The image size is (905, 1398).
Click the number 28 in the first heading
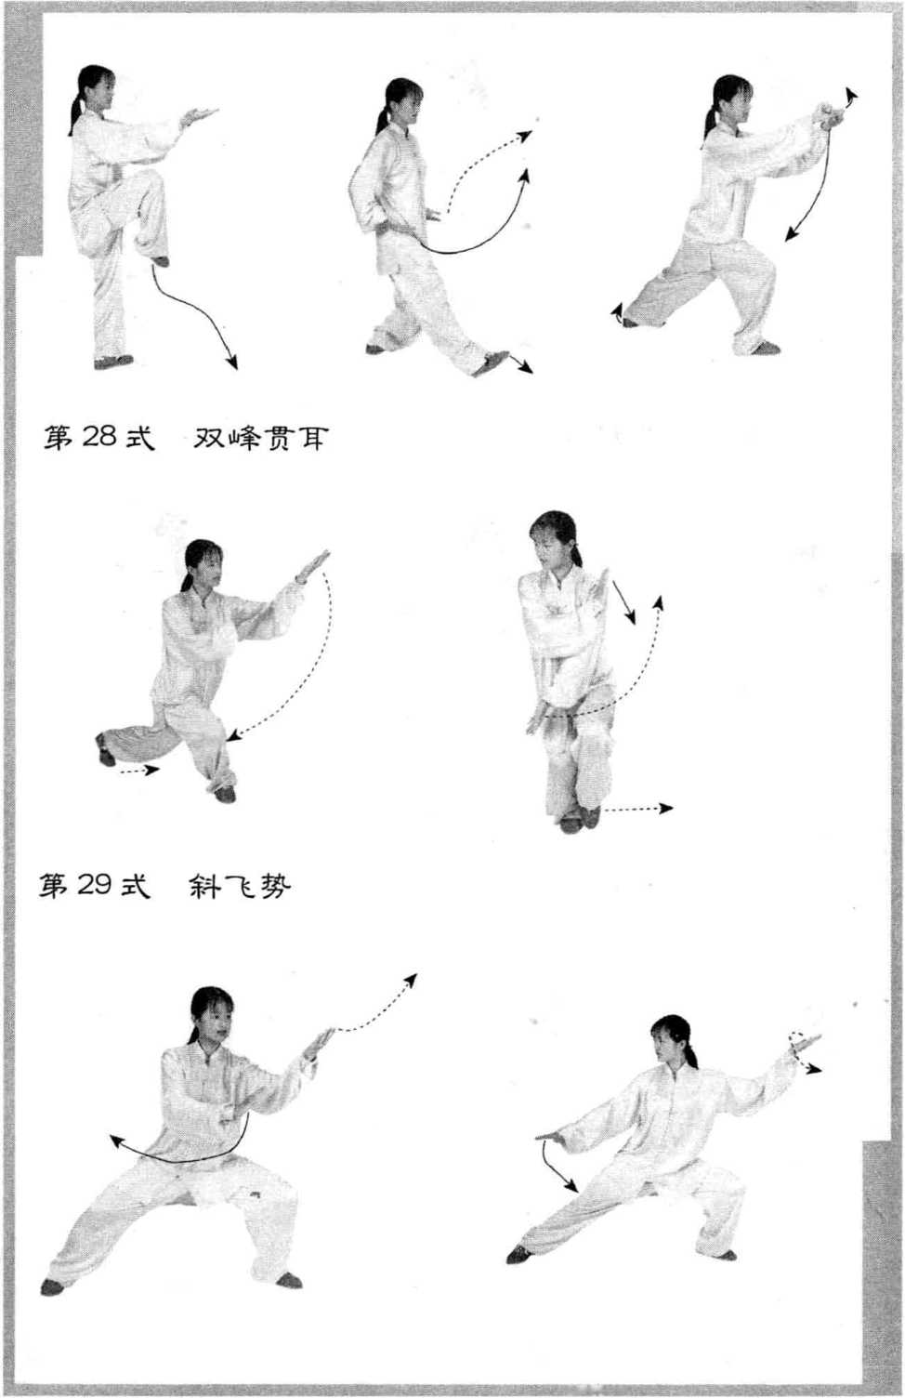98,438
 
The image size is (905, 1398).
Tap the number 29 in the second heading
95,884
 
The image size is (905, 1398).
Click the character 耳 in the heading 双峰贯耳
310,438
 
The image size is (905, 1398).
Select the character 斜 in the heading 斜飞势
204,885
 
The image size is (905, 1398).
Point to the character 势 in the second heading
275,885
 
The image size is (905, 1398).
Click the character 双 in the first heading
209,438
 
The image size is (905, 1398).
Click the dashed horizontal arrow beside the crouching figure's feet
638,809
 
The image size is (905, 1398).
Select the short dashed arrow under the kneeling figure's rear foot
139,771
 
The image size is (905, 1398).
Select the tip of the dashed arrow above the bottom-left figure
415,975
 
